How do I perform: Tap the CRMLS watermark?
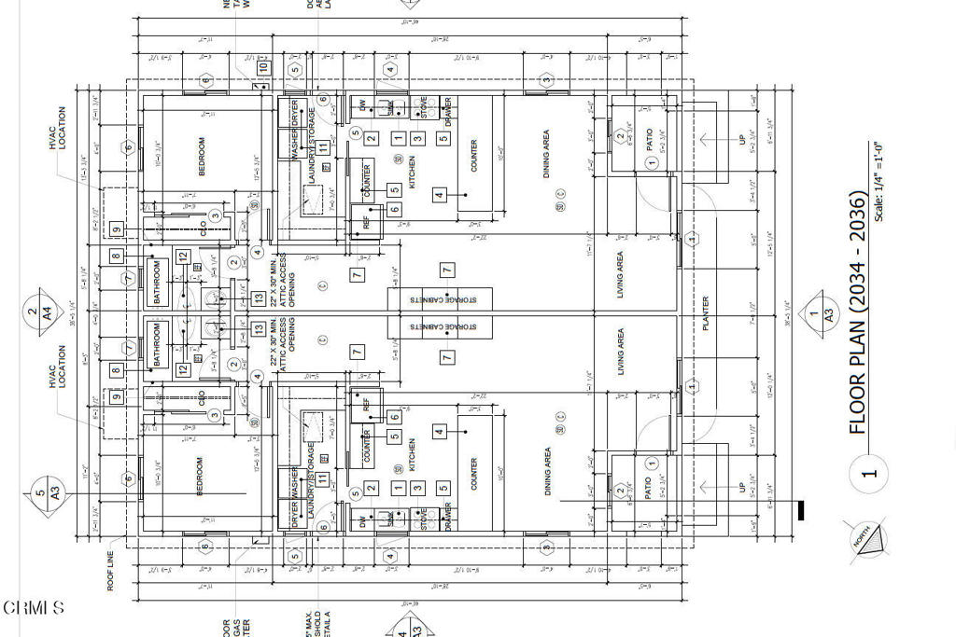click(x=34, y=608)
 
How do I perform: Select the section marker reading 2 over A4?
click(x=32, y=313)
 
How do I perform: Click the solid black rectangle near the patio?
click(x=800, y=509)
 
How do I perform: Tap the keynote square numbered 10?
click(x=264, y=67)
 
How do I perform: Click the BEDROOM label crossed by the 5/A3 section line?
click(x=200, y=476)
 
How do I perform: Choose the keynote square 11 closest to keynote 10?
click(x=322, y=147)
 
